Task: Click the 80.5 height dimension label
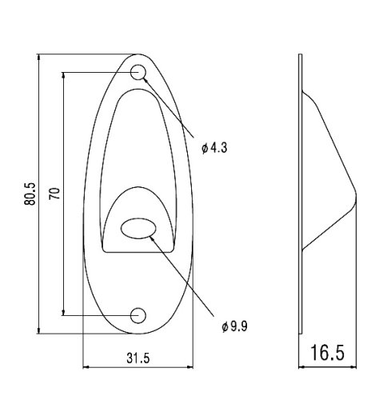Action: click(x=30, y=194)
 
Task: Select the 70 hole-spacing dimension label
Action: click(x=54, y=194)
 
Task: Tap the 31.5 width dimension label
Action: click(x=138, y=358)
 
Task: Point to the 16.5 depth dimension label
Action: click(x=328, y=353)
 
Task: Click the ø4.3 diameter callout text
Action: click(x=214, y=148)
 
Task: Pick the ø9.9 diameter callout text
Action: click(x=234, y=326)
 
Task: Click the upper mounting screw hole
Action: click(x=138, y=72)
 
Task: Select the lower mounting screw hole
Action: click(x=138, y=315)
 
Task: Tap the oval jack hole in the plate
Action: click(x=138, y=228)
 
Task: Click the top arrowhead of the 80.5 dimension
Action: click(x=39, y=57)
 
